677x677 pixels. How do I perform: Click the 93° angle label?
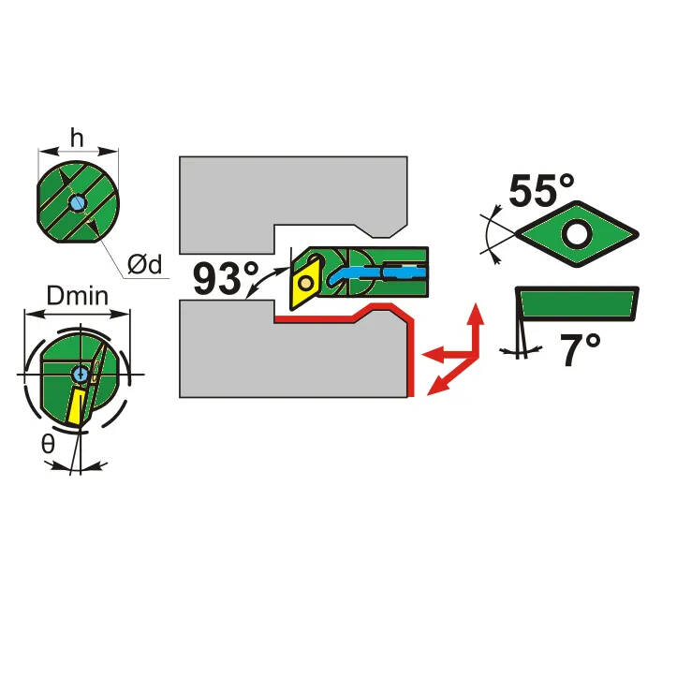pyautogui.click(x=226, y=278)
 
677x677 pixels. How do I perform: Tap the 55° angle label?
pyautogui.click(x=541, y=190)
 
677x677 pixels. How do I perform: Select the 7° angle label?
pyautogui.click(x=580, y=349)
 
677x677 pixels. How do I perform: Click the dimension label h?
pyautogui.click(x=77, y=139)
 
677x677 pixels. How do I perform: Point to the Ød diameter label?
pyautogui.click(x=144, y=264)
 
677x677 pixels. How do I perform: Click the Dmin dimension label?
pyautogui.click(x=78, y=296)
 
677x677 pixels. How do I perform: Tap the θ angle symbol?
pyautogui.click(x=48, y=444)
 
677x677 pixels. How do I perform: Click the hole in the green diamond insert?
pyautogui.click(x=577, y=234)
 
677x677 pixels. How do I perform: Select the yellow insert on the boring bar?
pyautogui.click(x=306, y=283)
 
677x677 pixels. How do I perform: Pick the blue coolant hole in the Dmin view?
pyautogui.click(x=80, y=375)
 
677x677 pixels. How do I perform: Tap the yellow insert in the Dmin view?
pyautogui.click(x=76, y=406)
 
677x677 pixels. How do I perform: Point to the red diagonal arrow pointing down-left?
pyautogui.click(x=451, y=375)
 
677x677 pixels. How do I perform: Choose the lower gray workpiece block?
pyautogui.click(x=293, y=355)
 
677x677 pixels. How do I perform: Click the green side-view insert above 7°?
pyautogui.click(x=577, y=304)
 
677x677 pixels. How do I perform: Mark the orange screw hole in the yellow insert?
pyautogui.click(x=305, y=283)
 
